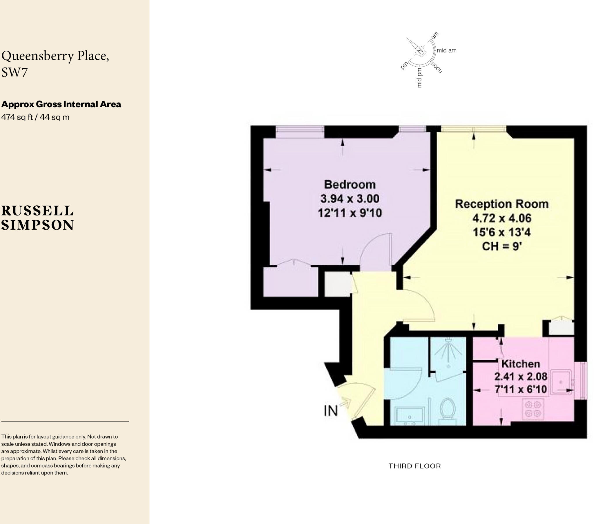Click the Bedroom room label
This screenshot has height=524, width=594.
point(349,185)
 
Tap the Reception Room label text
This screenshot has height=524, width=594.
point(501,204)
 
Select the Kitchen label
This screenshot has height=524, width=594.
point(521,364)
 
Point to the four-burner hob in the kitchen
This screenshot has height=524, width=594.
point(533,409)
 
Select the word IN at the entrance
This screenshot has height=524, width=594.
point(331,410)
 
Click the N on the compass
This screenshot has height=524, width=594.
point(419,51)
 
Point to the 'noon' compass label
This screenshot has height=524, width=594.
point(437,67)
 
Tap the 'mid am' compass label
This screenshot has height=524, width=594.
point(447,50)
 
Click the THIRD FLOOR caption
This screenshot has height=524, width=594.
point(415,466)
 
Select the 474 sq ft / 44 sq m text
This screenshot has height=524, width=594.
point(35,117)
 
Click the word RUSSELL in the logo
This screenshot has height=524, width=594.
point(37,211)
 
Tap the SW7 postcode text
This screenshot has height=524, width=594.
point(15,72)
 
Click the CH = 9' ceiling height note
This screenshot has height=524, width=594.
point(502,247)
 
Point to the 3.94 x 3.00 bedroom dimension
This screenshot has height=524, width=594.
point(349,199)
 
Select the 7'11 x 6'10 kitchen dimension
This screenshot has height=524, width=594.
point(521,389)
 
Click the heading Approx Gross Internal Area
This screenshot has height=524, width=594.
point(61,104)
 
